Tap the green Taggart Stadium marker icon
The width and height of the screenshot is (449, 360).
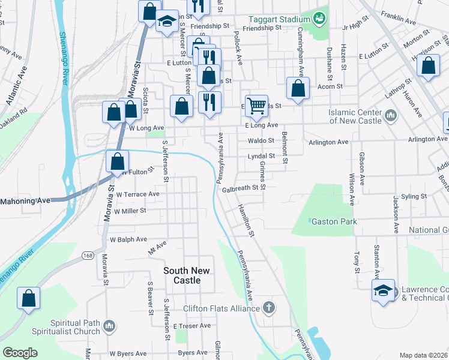click(319, 19)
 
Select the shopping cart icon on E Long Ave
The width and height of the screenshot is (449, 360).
click(256, 106)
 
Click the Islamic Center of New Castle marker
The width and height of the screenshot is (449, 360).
click(390, 115)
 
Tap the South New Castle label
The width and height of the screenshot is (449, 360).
click(187, 275)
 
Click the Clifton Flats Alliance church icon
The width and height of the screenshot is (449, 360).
click(269, 308)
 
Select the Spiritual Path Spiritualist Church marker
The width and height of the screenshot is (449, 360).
click(109, 326)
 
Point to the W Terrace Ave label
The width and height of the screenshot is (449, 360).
click(137, 194)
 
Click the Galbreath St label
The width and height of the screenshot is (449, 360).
click(244, 188)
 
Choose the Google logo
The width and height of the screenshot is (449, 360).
click(20, 353)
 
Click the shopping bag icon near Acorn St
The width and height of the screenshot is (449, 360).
click(298, 89)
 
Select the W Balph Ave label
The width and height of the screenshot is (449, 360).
click(128, 239)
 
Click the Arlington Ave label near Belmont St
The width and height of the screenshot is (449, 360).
click(328, 142)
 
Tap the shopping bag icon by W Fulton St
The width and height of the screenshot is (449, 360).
click(118, 161)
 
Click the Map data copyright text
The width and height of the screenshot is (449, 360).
click(423, 355)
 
